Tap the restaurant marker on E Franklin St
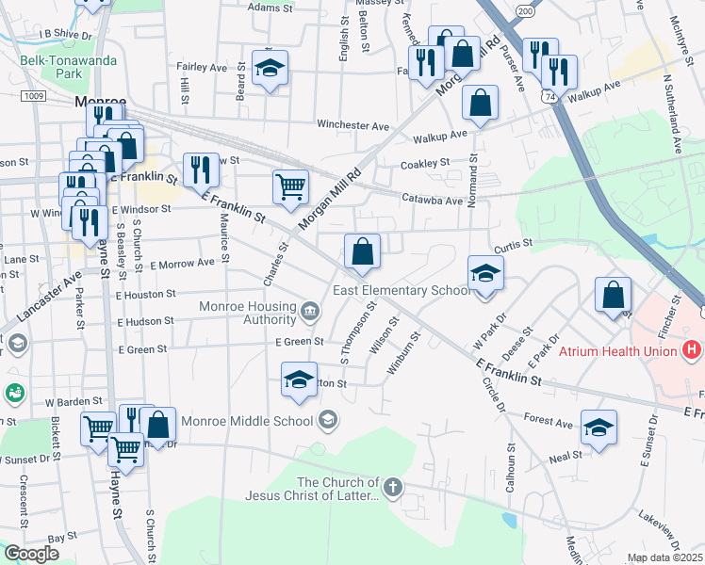click(x=200, y=169)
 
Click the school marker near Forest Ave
click(x=598, y=427)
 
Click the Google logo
click(x=31, y=554)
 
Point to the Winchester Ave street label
click(x=352, y=125)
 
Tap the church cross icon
click(x=393, y=487)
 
